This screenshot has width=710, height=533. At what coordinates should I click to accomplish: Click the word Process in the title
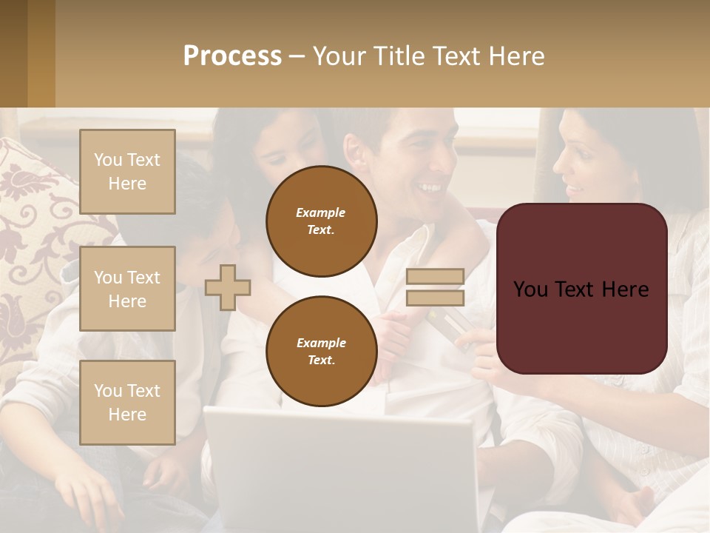pos(232,56)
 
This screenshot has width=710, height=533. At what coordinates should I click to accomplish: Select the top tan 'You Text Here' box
pos(127,172)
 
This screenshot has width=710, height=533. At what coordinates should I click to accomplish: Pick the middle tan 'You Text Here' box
pos(127,289)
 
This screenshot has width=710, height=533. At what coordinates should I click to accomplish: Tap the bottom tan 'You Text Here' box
pos(127,402)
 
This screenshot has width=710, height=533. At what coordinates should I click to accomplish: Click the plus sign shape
pos(228,287)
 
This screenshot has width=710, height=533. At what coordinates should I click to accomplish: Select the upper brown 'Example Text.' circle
pos(321,221)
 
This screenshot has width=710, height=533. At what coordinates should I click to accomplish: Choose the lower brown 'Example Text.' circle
pos(321,351)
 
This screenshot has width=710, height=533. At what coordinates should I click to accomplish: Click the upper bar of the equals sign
pos(435,277)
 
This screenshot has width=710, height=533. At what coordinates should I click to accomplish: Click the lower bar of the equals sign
pos(435,298)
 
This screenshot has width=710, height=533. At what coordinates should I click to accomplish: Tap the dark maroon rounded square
pos(581,289)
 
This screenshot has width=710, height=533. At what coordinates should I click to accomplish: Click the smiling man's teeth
pos(428,187)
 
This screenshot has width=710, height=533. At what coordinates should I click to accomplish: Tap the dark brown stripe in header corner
pos(13,53)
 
